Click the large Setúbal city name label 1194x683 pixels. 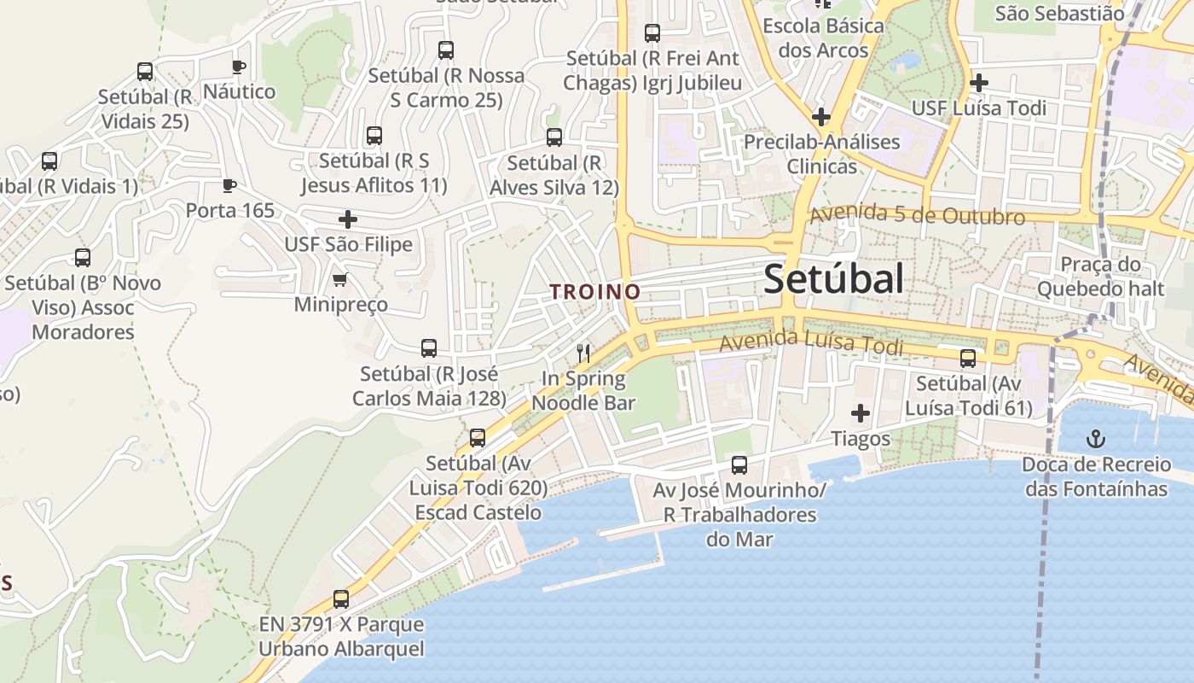[833, 279]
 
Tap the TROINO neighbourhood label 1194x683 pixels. [595, 292]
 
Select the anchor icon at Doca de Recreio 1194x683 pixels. [1095, 440]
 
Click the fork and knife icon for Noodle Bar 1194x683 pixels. [583, 353]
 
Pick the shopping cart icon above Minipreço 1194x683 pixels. [340, 279]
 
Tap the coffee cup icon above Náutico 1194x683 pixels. [239, 67]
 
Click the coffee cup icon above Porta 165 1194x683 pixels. [229, 185]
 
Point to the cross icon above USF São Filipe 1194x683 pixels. [348, 219]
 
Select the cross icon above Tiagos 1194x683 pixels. [861, 414]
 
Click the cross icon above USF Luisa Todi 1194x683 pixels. [979, 83]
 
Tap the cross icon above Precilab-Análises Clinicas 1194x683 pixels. [821, 116]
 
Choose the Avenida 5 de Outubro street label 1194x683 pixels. [917, 215]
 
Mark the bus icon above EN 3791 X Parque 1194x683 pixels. [341, 599]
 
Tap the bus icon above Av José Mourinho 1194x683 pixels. [739, 465]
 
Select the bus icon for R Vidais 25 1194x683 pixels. [145, 72]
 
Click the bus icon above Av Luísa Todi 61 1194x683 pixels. [968, 359]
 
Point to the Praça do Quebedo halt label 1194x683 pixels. [1100, 277]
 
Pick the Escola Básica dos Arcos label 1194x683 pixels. [823, 38]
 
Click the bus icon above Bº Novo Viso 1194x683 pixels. [83, 258]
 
